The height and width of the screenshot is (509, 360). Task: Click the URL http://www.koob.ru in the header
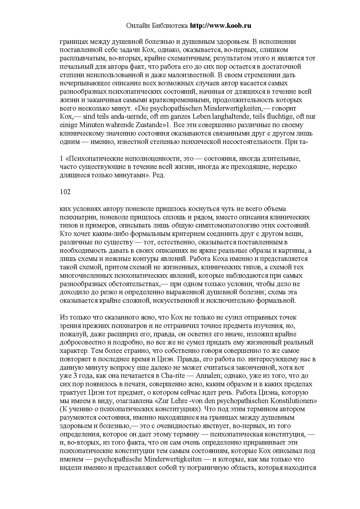click(220, 26)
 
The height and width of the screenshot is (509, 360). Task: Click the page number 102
click(65, 192)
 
